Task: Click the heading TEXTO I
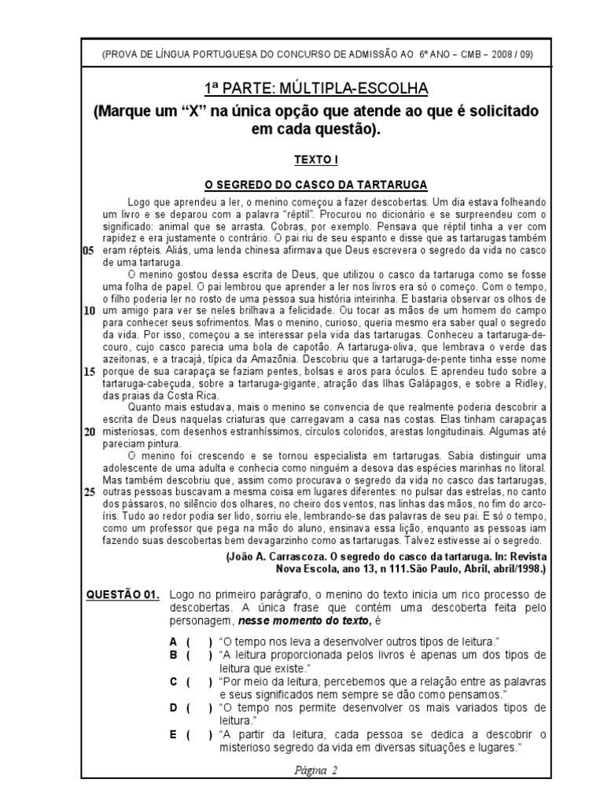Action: coord(315,159)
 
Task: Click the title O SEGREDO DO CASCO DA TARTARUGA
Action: coord(315,185)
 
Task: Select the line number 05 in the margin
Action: coord(87,249)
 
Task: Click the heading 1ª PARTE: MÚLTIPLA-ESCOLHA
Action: coord(315,86)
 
